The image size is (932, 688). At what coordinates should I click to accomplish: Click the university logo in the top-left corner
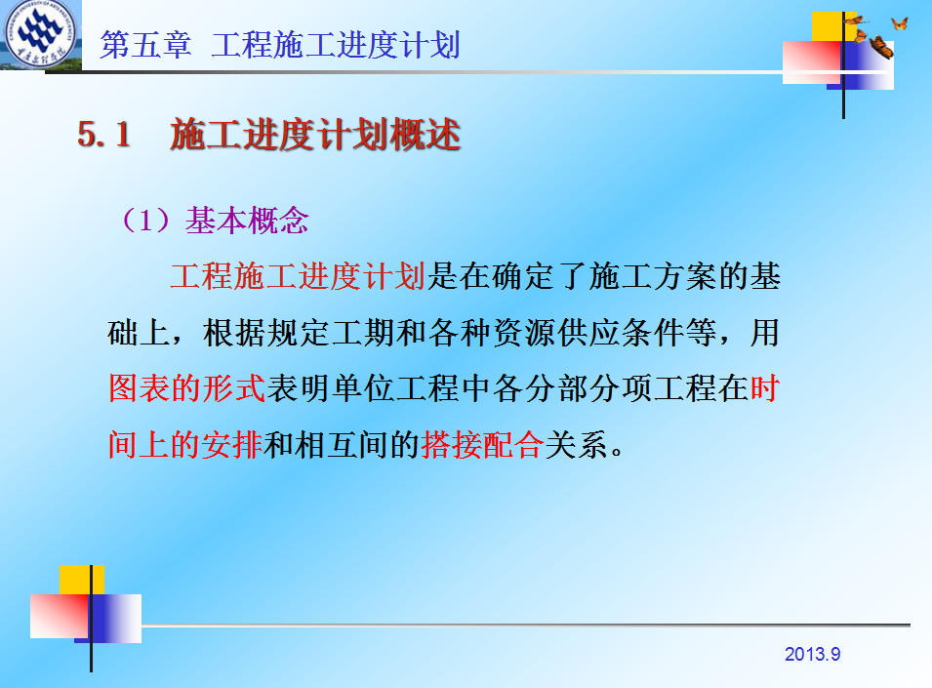pos(40,34)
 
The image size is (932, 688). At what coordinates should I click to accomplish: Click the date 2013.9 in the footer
pos(812,654)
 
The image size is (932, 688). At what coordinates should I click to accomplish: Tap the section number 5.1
pos(104,134)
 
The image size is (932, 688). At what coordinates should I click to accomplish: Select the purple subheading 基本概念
pos(247,221)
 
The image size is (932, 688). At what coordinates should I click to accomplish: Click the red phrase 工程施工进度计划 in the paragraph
pos(298,276)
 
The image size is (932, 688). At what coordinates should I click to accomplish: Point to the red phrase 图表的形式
pos(186,388)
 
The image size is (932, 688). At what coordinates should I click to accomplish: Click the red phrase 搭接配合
pos(482,444)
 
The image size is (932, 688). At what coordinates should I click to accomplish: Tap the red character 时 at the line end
pos(765,388)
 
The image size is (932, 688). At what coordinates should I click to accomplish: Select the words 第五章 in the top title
pos(145,45)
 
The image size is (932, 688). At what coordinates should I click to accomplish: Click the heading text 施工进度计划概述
pos(315,134)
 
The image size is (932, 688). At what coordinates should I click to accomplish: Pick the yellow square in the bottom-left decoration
pos(81,580)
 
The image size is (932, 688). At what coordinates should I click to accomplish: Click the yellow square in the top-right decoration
pos(834,26)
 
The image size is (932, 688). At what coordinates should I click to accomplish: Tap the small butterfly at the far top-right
pos(900,23)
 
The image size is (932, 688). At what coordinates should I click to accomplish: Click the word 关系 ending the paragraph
pos(576,444)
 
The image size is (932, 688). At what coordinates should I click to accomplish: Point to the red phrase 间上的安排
pos(185,444)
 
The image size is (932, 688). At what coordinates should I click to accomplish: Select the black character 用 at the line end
pos(765,333)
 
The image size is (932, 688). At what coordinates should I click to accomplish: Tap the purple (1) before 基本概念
pos(145,221)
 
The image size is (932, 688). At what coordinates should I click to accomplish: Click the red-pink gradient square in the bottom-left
pos(60,616)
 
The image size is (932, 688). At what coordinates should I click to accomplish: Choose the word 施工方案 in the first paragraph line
pos(652,276)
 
